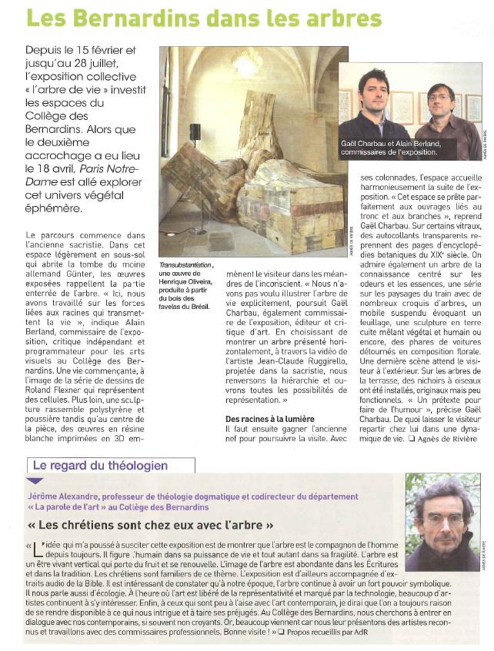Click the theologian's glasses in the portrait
pyautogui.click(x=442, y=520)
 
